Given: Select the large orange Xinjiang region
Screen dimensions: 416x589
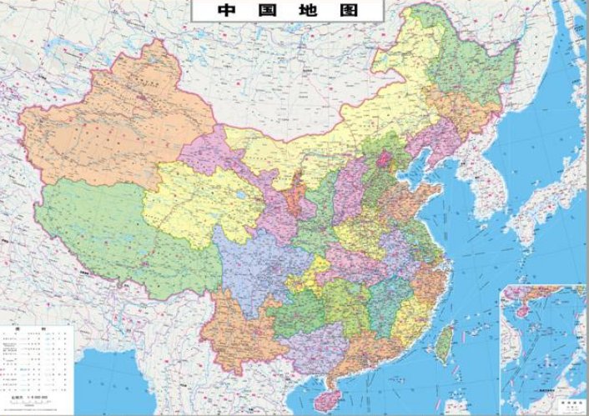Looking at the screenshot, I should coord(108,125).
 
